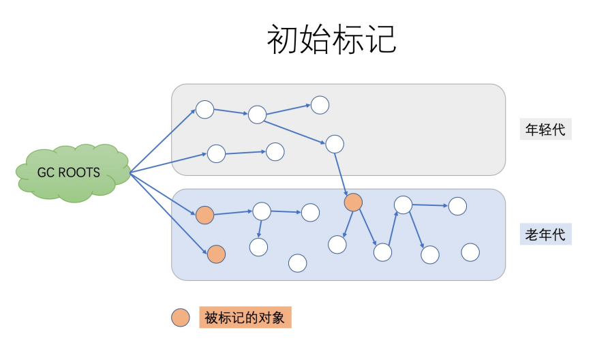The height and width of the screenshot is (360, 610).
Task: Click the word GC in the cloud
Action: coord(46,172)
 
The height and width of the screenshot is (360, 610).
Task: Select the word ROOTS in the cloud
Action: coord(79,172)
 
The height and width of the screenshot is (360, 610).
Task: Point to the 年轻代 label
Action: coord(545,130)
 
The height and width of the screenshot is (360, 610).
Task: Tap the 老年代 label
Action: coord(545,235)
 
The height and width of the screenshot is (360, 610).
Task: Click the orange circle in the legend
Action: coord(181,317)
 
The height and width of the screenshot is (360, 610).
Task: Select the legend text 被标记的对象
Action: coord(245,317)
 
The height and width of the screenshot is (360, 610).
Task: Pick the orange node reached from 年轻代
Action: coord(353,202)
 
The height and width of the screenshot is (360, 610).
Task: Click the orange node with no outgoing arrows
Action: coord(216,254)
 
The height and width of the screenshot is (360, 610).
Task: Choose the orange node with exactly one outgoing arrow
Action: coord(204,215)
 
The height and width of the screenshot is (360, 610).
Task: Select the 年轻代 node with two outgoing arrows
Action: coord(257,115)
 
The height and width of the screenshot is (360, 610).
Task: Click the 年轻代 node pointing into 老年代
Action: coord(334,144)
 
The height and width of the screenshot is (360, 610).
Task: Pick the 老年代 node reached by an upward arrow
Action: coord(403,205)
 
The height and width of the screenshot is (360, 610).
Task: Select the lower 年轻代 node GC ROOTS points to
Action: coord(216,154)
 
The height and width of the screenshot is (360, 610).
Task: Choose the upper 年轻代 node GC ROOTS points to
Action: coord(204,109)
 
